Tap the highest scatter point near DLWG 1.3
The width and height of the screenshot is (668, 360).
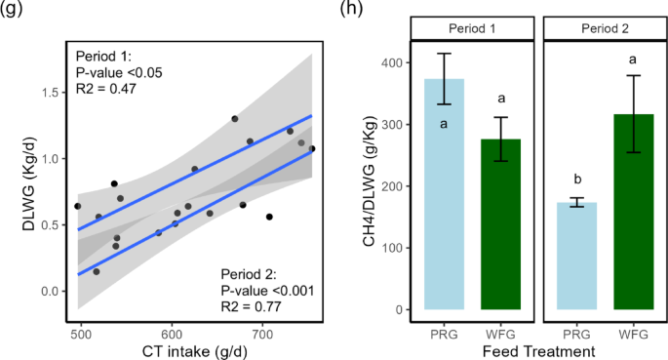(235, 119)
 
